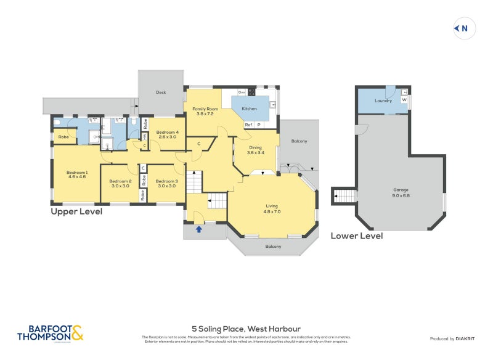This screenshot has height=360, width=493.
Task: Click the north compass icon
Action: [x=463, y=28]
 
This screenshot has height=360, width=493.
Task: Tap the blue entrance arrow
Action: [x=198, y=229]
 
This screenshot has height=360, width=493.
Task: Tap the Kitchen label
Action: [x=249, y=108]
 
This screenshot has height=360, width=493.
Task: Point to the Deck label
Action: [x=161, y=92]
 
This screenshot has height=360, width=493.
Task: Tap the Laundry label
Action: [x=383, y=100]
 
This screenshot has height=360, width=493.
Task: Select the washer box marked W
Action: [x=404, y=99]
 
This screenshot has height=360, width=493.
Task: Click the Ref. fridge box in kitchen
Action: [x=248, y=125]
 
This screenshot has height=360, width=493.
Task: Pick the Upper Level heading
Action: [x=76, y=211]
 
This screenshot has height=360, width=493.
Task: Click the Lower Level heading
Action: [x=357, y=235]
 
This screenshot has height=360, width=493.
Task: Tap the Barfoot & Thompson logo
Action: [x=50, y=333]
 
